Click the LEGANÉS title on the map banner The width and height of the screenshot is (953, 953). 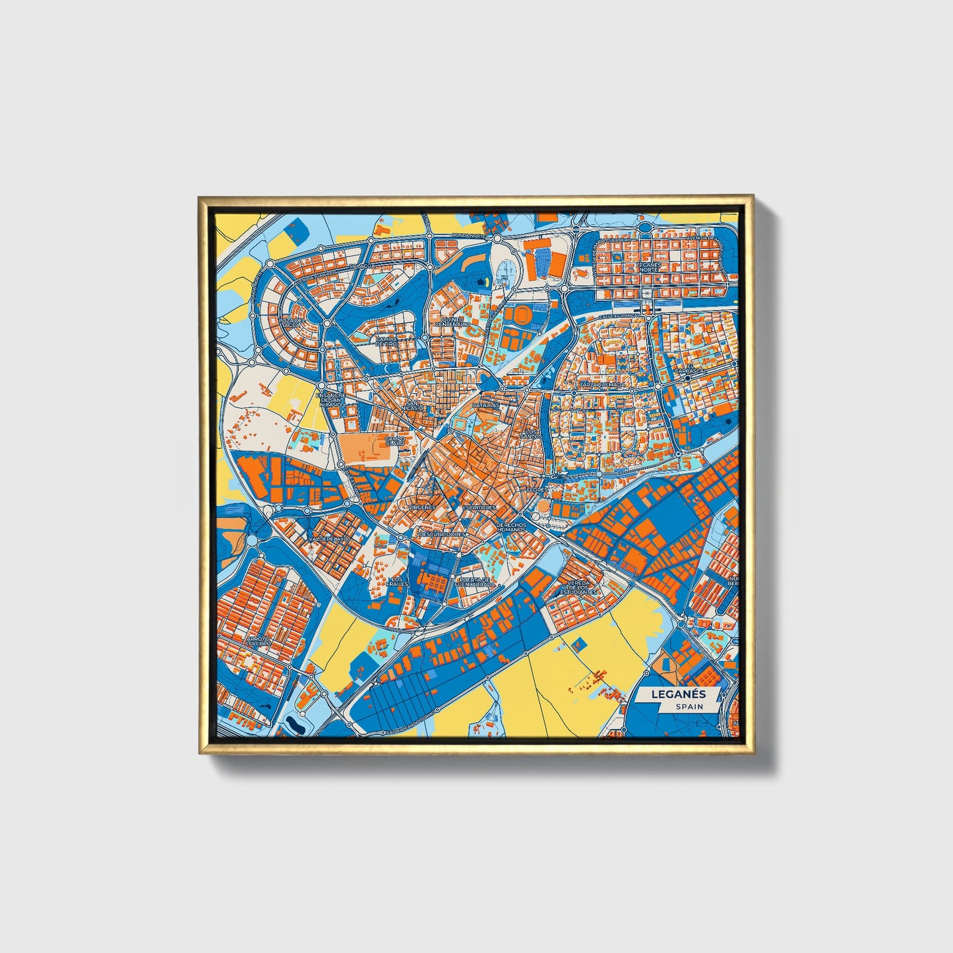tap(679, 694)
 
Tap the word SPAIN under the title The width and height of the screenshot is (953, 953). tap(689, 706)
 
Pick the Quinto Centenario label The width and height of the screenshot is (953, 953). tap(452, 322)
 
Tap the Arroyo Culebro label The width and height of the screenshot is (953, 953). tap(254, 640)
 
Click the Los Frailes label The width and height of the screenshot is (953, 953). tap(400, 582)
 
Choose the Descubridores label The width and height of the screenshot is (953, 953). tap(442, 534)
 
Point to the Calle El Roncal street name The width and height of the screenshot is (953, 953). tap(617, 317)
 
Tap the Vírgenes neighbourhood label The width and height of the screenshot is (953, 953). tap(422, 507)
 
